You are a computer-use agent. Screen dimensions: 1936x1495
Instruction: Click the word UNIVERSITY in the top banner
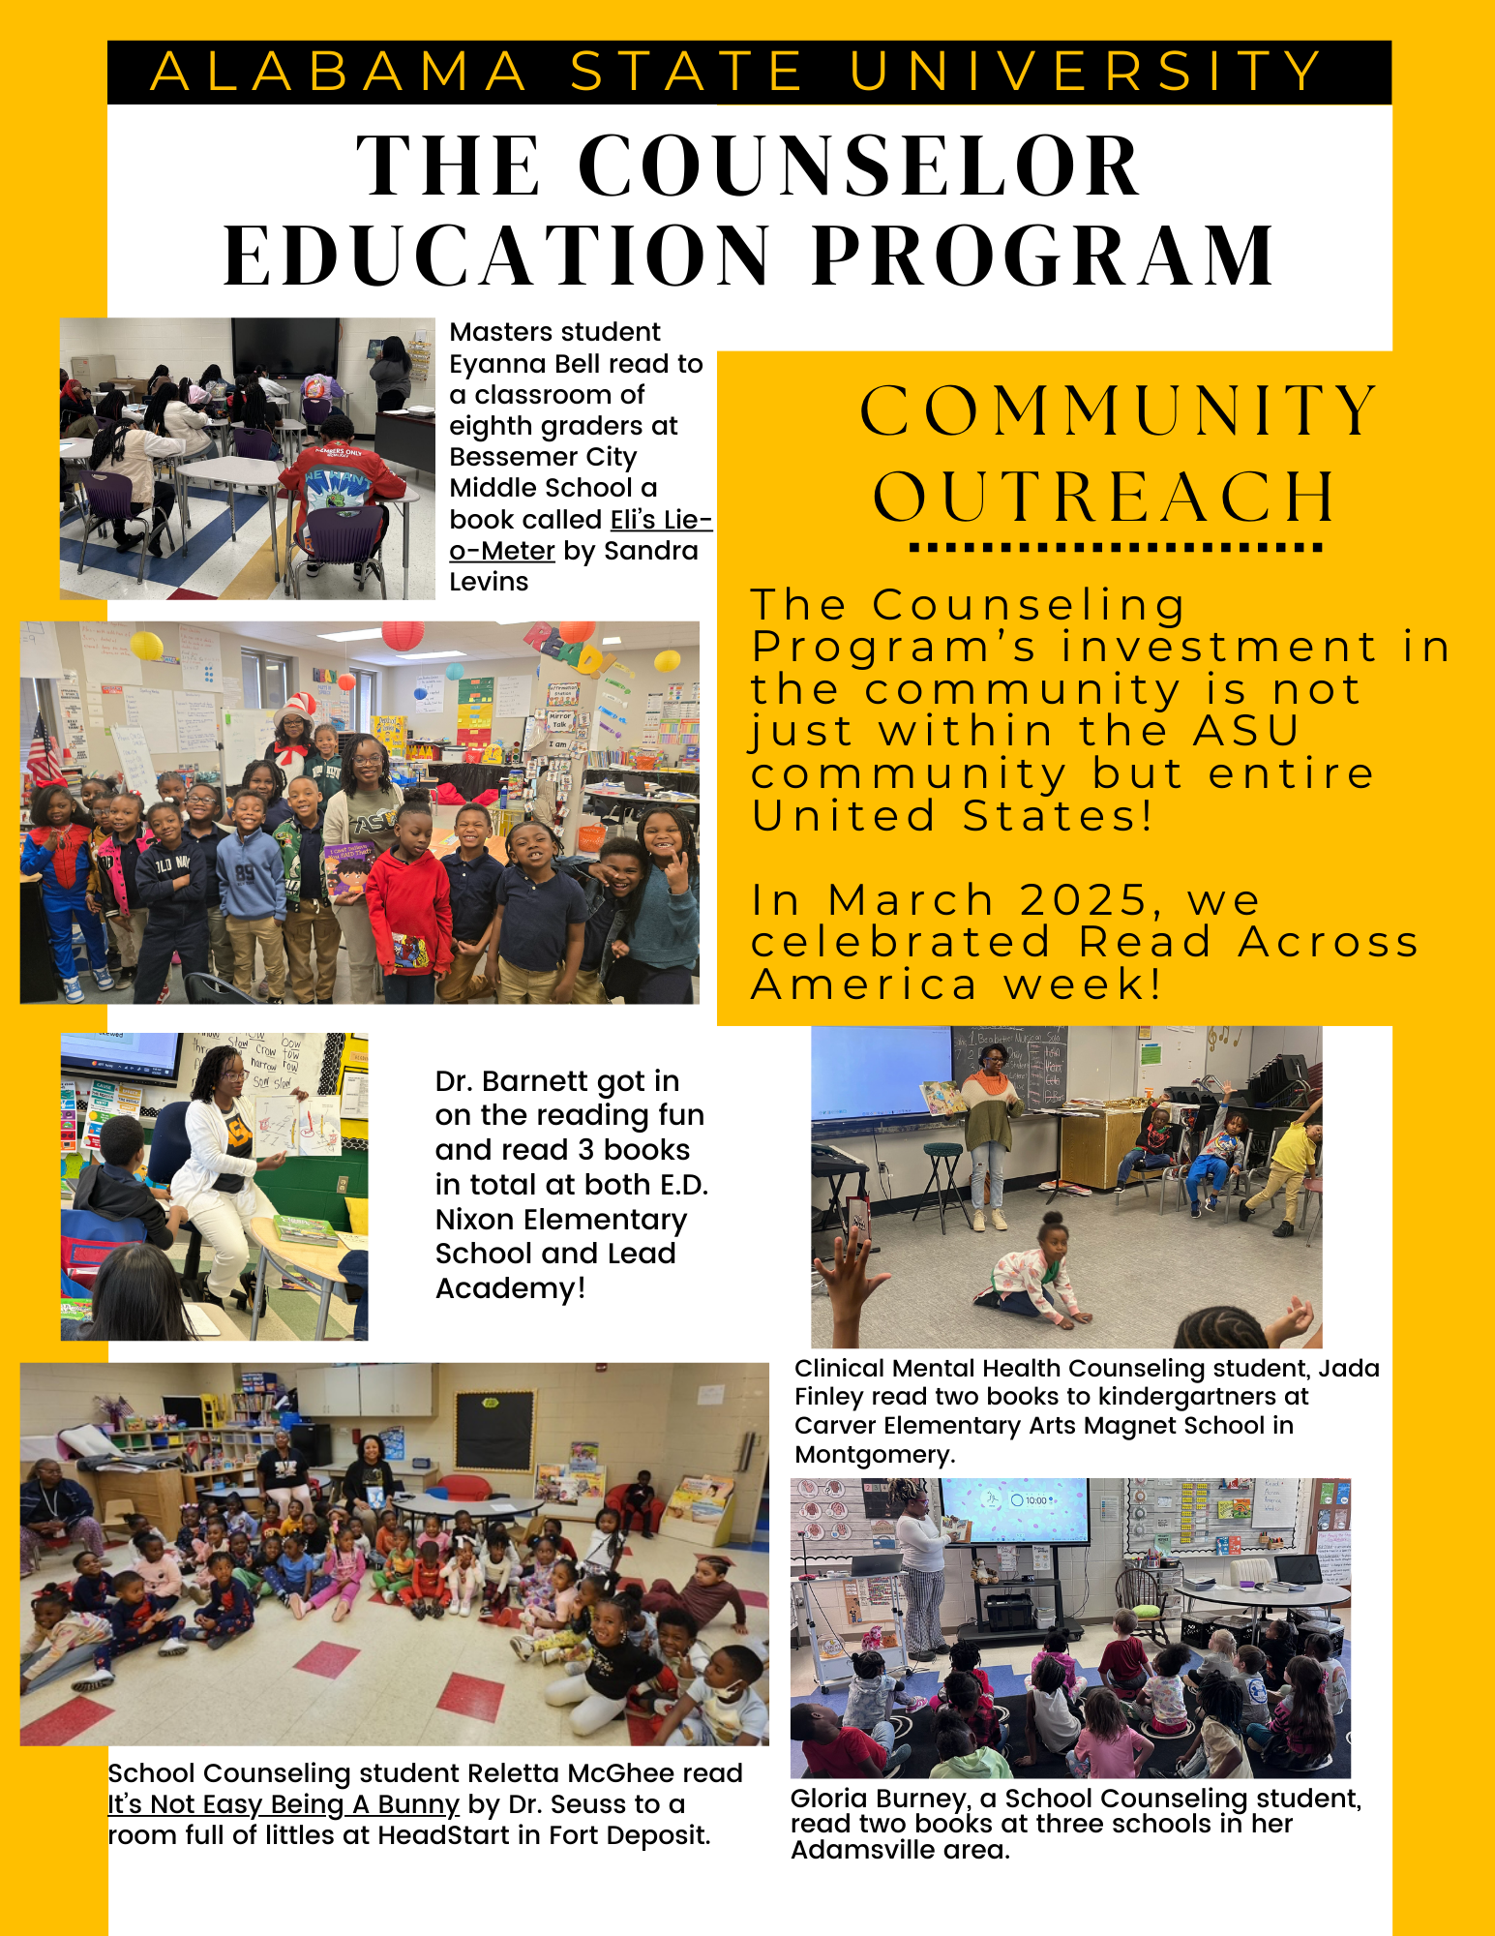tap(1086, 72)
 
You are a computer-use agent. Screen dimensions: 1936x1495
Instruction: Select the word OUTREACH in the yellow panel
tap(1105, 498)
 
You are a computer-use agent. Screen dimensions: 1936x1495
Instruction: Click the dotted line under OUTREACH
tap(1116, 548)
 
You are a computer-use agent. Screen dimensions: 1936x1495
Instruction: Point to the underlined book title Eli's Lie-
tap(661, 520)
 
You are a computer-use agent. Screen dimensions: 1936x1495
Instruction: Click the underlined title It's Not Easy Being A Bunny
tap(283, 1804)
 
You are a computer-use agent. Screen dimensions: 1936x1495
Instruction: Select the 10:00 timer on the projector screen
tap(1031, 1500)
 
